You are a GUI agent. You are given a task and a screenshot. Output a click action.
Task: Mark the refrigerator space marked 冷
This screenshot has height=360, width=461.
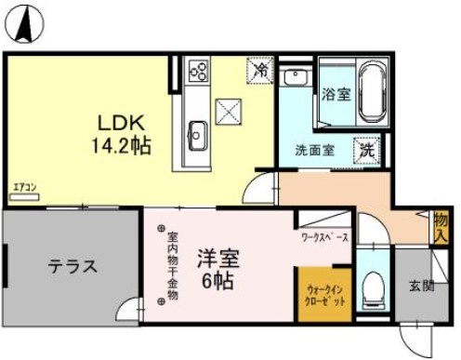click(261, 69)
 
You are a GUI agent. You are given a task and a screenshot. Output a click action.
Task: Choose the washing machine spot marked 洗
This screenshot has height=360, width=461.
click(367, 148)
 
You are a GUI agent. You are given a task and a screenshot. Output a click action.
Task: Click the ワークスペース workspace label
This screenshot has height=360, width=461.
click(325, 238)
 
